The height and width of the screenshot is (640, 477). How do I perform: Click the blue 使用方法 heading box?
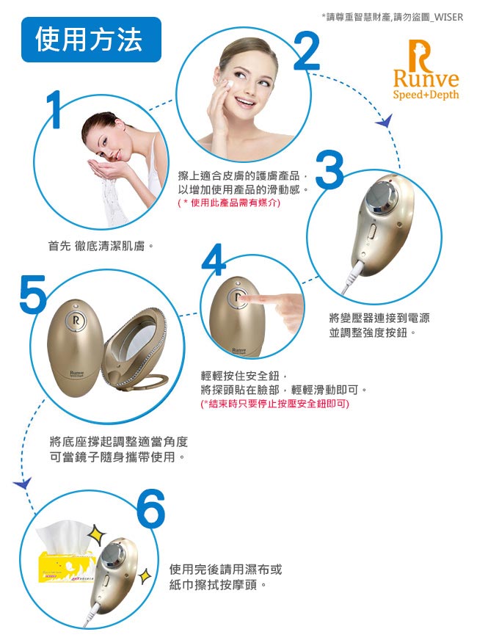tap(91, 40)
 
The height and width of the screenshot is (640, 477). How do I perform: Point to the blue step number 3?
tap(329, 170)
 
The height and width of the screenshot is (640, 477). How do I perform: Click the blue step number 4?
tap(214, 260)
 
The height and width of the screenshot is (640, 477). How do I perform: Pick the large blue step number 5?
tap(33, 292)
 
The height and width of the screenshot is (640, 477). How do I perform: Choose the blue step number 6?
tap(151, 509)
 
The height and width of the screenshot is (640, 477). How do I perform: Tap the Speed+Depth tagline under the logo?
tap(426, 95)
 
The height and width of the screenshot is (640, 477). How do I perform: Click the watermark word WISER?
tap(448, 17)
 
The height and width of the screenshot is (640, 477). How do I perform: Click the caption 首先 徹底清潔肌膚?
tap(101, 246)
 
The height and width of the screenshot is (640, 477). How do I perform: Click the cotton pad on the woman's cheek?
tap(229, 83)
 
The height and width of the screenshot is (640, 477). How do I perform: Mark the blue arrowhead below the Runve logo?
tap(385, 121)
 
